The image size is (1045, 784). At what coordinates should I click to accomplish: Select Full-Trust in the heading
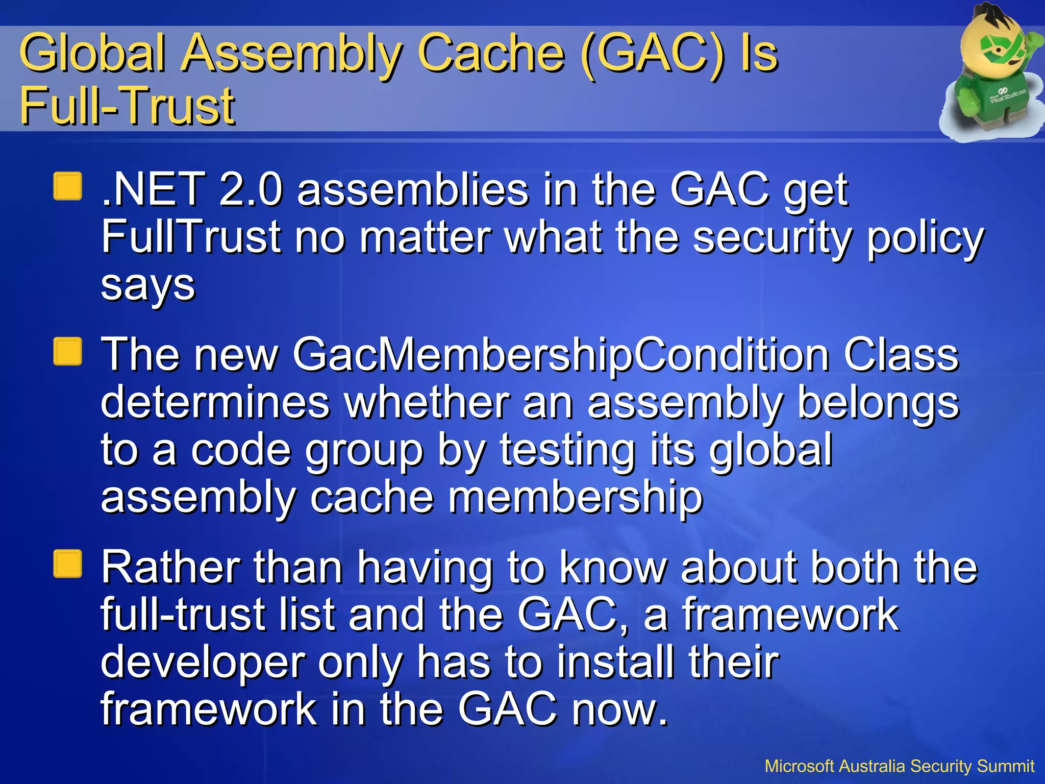[127, 106]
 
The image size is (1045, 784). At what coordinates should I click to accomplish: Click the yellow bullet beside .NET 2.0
[67, 186]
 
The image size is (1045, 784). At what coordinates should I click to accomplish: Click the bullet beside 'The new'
[67, 352]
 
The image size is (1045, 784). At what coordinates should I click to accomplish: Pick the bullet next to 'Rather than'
[67, 564]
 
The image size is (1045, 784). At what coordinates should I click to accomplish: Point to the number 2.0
[250, 189]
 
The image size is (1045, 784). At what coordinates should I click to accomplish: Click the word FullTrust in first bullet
[191, 237]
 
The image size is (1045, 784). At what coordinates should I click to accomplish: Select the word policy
[925, 238]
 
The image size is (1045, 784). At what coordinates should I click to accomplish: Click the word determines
[215, 403]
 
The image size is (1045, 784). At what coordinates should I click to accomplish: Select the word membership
[575, 497]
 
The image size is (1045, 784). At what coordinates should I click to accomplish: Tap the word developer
[203, 663]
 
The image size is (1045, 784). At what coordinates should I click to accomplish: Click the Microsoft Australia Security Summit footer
[899, 766]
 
